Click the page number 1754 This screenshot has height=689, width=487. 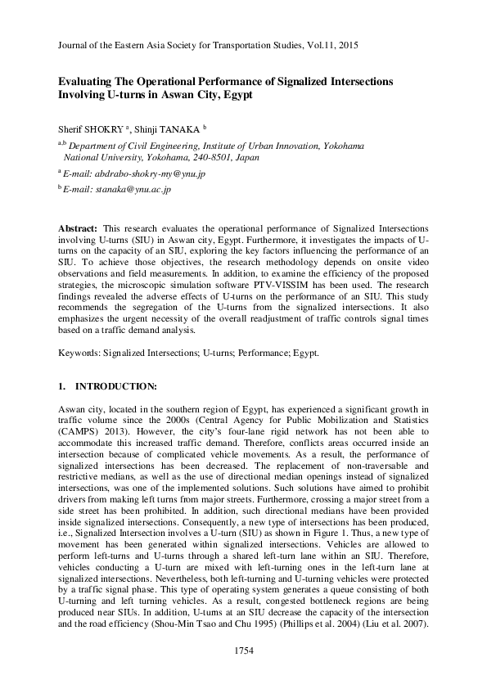tap(244, 651)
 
